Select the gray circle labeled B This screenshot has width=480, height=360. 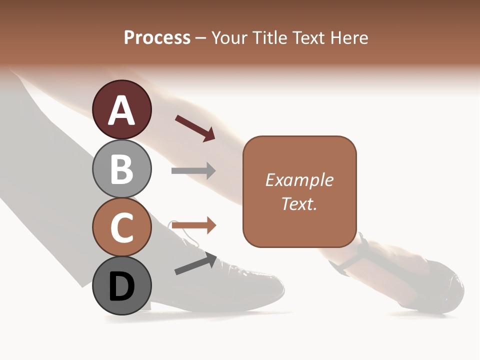(122, 168)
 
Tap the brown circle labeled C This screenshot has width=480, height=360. (122, 227)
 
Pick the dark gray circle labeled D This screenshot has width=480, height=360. (122, 286)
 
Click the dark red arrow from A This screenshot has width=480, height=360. (195, 128)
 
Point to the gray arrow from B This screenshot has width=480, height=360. (193, 171)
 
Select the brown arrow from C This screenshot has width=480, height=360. (194, 225)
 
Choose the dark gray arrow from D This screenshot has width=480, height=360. (195, 264)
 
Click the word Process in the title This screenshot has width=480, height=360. (157, 37)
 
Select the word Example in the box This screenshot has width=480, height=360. (299, 180)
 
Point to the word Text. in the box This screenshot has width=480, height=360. (299, 203)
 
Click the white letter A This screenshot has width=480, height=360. (122, 110)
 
